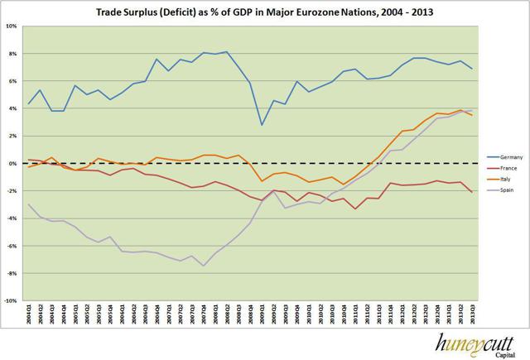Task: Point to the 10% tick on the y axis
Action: click(14, 26)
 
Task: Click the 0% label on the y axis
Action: click(16, 163)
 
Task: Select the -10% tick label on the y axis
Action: click(12, 300)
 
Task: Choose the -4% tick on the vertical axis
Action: click(14, 218)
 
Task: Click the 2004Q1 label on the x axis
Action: click(30, 316)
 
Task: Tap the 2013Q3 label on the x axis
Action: click(472, 316)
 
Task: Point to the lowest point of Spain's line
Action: click(204, 266)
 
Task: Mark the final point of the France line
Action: click(472, 192)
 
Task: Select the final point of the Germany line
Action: click(472, 69)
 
